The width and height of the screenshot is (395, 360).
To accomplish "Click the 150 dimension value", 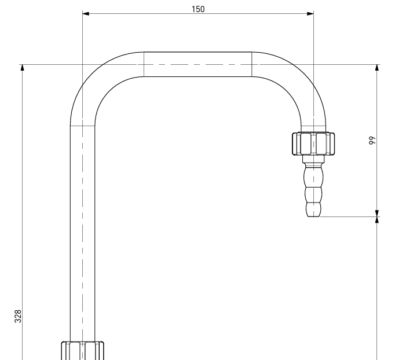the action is tap(198, 9).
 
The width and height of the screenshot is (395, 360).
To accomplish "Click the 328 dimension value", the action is tap(18, 316).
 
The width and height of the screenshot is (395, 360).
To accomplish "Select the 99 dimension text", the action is tap(372, 141).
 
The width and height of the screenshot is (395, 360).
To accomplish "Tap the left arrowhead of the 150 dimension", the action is tap(86, 13).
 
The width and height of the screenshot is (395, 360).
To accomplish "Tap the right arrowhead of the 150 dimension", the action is tap(310, 13).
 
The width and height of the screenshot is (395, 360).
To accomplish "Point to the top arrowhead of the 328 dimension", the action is tap(23, 68).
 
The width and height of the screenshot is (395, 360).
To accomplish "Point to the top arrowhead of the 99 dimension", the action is tap(377, 68).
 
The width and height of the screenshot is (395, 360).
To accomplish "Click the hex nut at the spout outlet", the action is tap(313, 144).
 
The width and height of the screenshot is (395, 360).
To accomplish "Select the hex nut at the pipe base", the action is tap(83, 351).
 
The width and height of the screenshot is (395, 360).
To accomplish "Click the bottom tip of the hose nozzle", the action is tap(314, 216).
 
